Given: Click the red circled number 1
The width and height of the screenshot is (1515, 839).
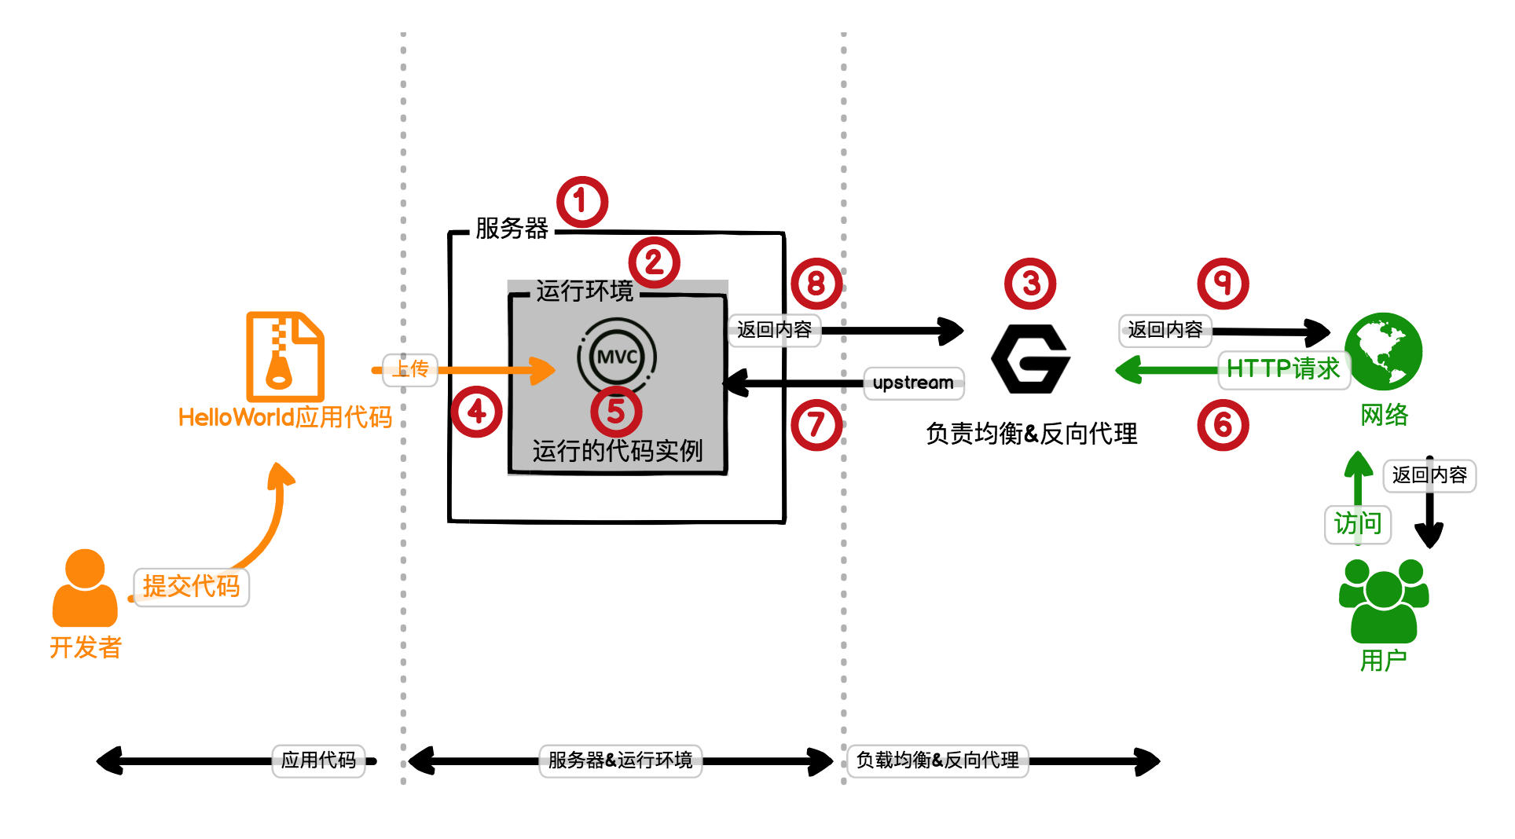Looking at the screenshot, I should [x=582, y=202].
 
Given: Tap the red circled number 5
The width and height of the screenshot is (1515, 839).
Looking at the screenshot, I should [x=616, y=411].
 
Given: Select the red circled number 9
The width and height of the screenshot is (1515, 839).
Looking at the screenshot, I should [x=1223, y=283].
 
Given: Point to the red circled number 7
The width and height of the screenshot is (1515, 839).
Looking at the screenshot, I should [x=816, y=425].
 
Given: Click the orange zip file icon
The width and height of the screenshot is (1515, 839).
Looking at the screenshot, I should [x=285, y=357].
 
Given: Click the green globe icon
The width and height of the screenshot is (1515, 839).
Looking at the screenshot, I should [x=1383, y=351].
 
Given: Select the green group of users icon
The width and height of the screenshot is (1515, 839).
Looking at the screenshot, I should [x=1383, y=601].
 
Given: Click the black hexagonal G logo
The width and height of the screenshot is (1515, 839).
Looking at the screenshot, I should [x=1030, y=359].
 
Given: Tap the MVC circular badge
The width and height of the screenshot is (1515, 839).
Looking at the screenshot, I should [x=617, y=357].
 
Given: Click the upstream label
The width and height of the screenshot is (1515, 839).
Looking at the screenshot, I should [x=913, y=383].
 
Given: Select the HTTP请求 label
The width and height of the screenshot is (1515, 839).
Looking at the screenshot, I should [x=1282, y=368].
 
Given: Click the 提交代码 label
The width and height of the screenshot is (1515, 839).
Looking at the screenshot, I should [x=191, y=587].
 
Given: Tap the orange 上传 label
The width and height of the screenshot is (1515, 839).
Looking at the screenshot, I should [x=410, y=369].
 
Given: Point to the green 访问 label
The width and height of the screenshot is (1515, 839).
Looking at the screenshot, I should [x=1357, y=523].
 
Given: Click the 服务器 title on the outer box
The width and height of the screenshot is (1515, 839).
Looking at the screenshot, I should [x=512, y=229].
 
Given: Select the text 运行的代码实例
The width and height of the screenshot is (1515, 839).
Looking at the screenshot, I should [x=617, y=451].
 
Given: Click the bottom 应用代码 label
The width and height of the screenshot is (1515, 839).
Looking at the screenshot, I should [x=318, y=760].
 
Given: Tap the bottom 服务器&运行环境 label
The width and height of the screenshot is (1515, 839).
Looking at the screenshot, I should [x=620, y=760].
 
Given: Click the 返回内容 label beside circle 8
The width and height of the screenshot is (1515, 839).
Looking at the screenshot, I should [x=774, y=330].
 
